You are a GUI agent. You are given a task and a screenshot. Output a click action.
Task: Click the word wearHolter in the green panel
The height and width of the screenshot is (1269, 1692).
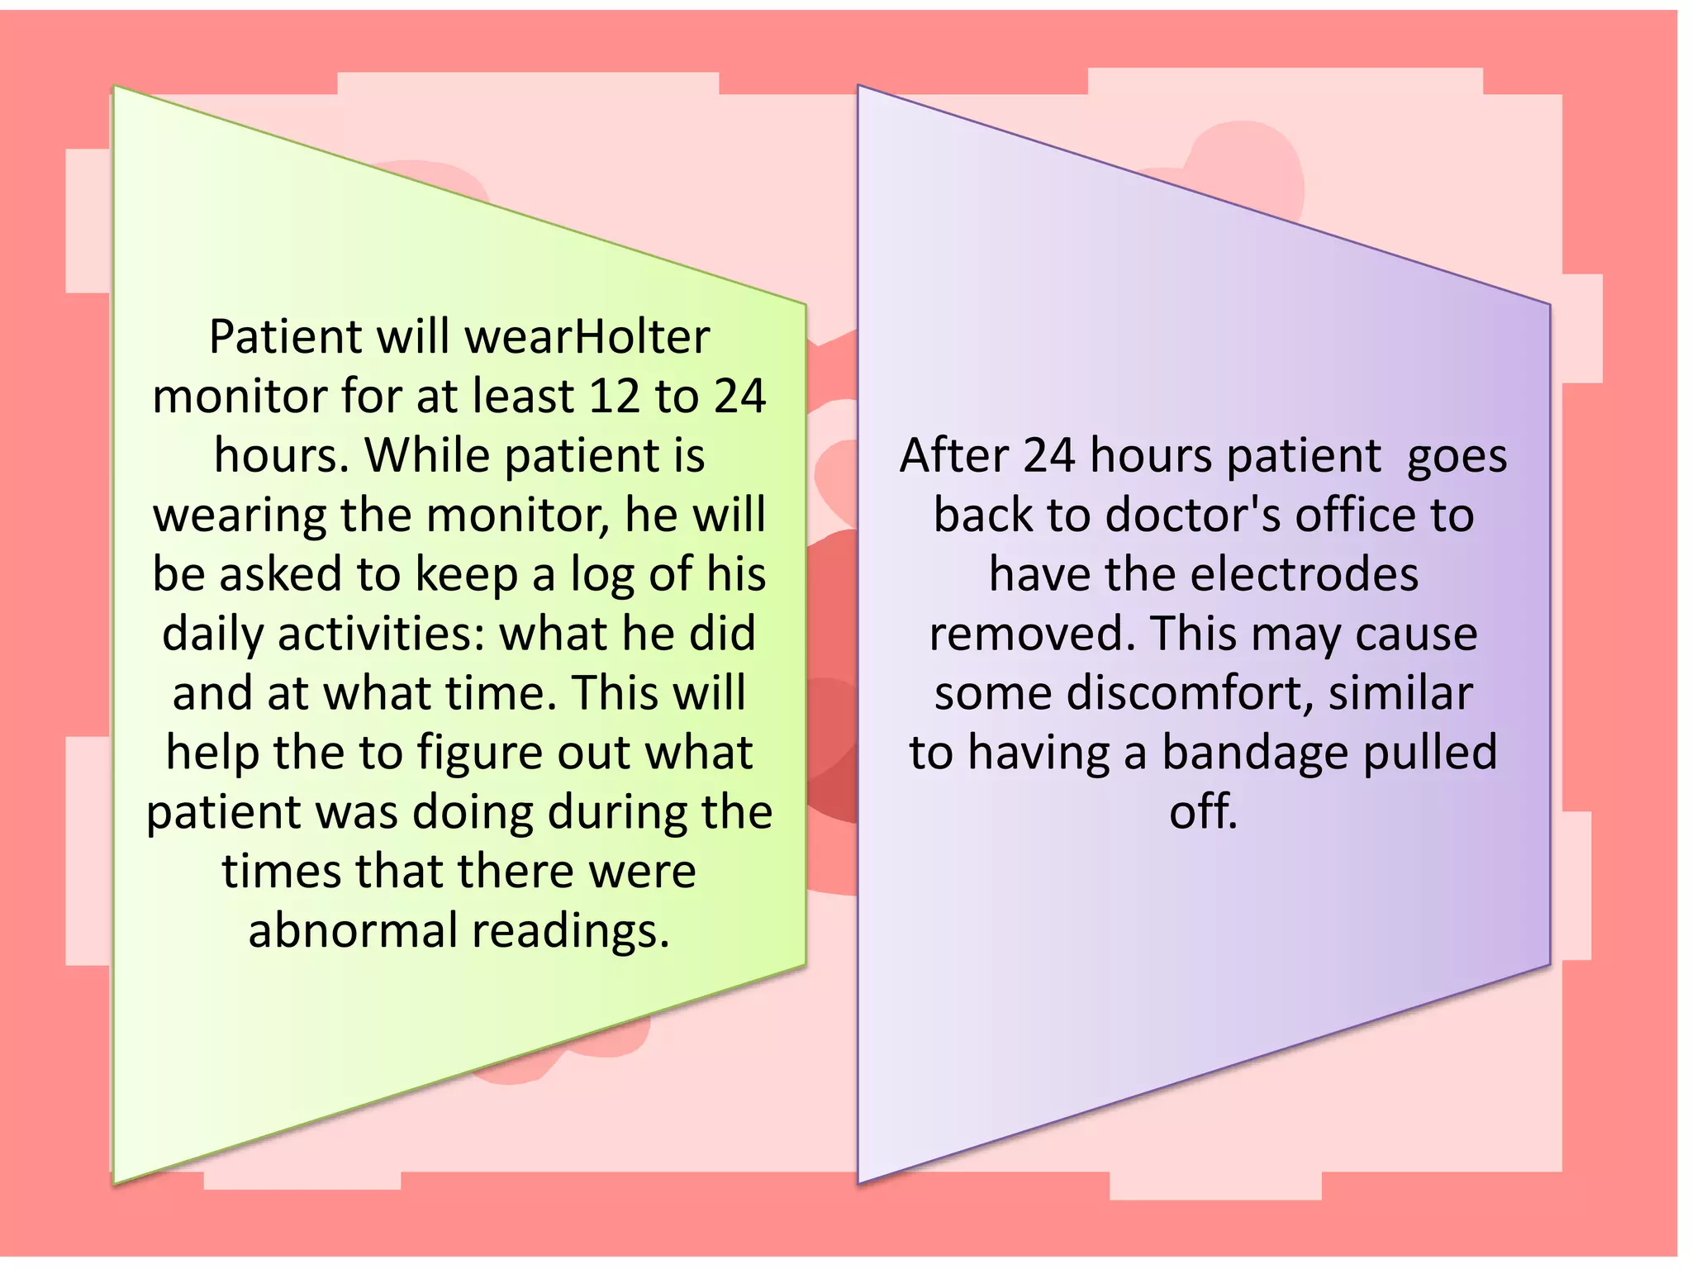587,337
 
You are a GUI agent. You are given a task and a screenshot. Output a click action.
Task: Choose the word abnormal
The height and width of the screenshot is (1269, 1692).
353,931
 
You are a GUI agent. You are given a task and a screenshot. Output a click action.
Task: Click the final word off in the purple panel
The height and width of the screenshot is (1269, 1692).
1203,812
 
